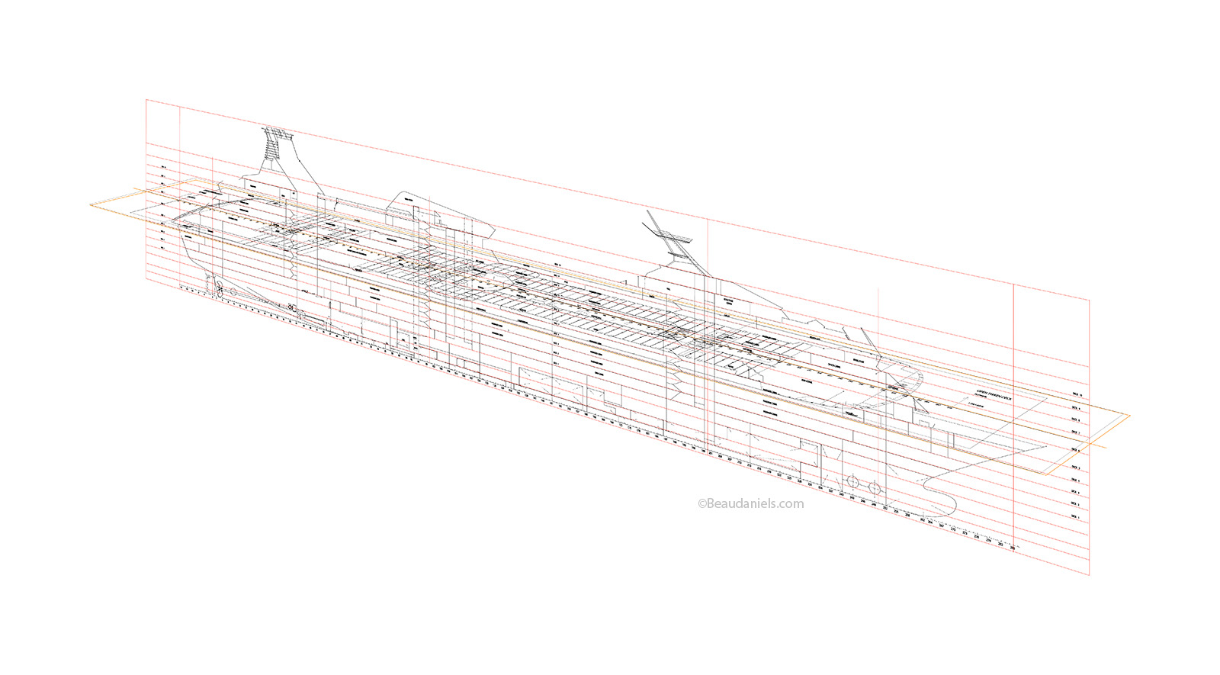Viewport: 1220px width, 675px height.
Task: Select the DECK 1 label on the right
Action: [x=1075, y=516]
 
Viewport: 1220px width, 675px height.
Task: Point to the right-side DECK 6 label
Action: [x=1077, y=450]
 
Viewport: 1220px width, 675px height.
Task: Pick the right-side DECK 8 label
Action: [x=1077, y=419]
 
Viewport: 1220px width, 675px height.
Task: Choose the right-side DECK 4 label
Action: [x=1076, y=481]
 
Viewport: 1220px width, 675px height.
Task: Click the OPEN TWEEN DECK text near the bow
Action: [x=994, y=395]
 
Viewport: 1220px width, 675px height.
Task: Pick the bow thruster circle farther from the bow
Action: [x=851, y=481]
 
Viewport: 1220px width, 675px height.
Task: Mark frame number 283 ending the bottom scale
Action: [x=1012, y=548]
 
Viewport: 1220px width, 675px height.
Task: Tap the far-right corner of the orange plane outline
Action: [x=1129, y=416]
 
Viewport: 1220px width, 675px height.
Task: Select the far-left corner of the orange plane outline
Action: [x=90, y=204]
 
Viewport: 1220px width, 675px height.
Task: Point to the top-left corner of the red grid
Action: [x=146, y=99]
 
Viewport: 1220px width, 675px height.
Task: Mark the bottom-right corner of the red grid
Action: [x=1090, y=575]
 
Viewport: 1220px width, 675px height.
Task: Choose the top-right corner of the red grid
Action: [x=1090, y=301]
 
